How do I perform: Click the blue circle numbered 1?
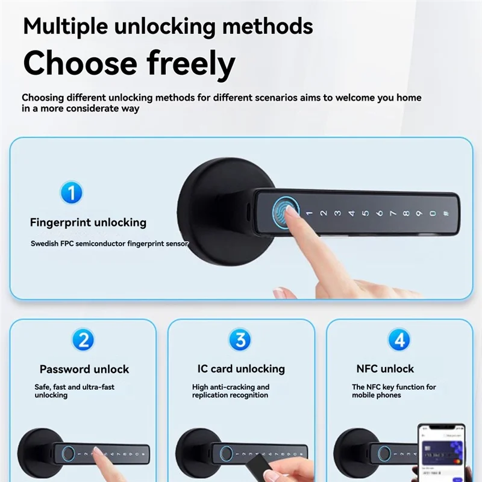click(72, 193)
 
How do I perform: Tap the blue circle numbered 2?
click(83, 340)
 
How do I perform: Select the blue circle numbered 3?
click(240, 340)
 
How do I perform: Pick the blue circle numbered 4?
click(398, 340)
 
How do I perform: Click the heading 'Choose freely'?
click(128, 63)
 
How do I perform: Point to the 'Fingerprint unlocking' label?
click(88, 222)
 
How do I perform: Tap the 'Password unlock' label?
click(84, 369)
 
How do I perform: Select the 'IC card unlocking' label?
click(241, 369)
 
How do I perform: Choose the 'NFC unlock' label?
click(385, 369)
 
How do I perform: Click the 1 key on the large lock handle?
click(308, 213)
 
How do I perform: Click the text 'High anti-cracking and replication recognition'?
click(231, 391)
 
